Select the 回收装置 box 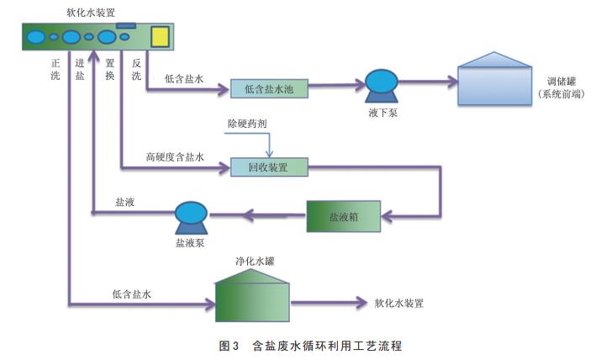pos(269,167)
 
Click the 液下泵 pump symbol pos(381,84)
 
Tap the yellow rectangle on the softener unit pos(161,37)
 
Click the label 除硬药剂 pos(246,123)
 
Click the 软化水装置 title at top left pos(90,12)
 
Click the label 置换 pos(110,69)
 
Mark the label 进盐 pos(80,69)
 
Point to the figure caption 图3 pos(229,346)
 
